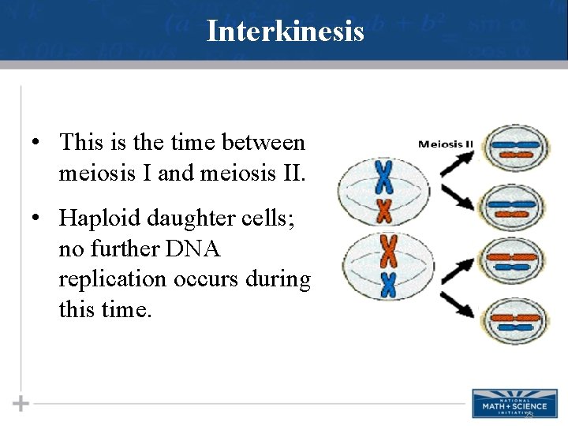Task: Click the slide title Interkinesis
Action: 284,32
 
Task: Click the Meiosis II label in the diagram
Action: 445,144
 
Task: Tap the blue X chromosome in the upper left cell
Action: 384,177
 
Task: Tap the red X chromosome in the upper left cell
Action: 385,210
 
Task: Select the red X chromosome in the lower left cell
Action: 387,251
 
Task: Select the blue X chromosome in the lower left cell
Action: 387,284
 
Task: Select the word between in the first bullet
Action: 263,143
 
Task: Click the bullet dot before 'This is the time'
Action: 36,144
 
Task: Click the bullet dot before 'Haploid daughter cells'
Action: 36,218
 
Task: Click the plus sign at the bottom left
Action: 21,404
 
